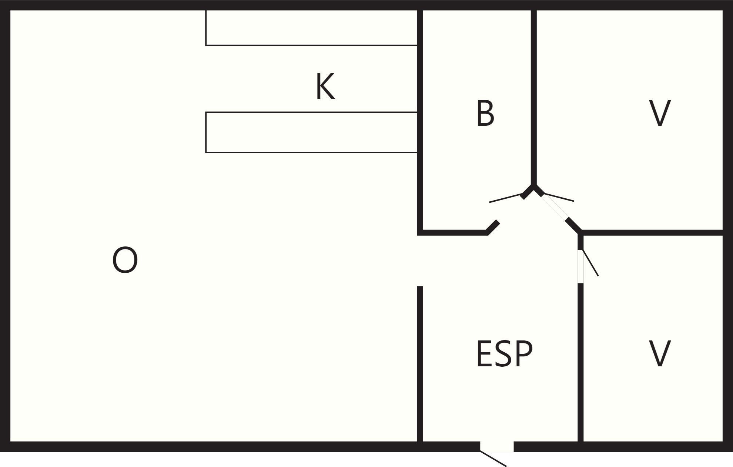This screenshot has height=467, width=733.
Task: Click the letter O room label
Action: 125,260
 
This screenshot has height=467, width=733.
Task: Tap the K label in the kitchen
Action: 325,86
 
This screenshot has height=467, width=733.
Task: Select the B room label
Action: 485,113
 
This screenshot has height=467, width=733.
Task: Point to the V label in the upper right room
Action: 660,113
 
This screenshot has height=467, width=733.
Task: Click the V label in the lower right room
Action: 660,354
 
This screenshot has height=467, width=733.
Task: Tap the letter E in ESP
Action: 484,354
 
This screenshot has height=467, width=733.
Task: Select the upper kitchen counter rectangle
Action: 312,28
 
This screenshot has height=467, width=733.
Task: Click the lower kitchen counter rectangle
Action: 312,132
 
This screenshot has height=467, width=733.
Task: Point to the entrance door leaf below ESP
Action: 493,459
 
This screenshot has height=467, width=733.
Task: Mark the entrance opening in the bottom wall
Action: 497,447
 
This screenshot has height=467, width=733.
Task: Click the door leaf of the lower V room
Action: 590,263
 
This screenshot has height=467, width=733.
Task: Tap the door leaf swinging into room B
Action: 506,198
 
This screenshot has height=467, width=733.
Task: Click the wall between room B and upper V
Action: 534,97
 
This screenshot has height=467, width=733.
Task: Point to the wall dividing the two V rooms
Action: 652,232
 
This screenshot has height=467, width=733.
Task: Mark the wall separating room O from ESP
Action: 420,364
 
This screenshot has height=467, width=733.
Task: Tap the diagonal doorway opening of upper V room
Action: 554,207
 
